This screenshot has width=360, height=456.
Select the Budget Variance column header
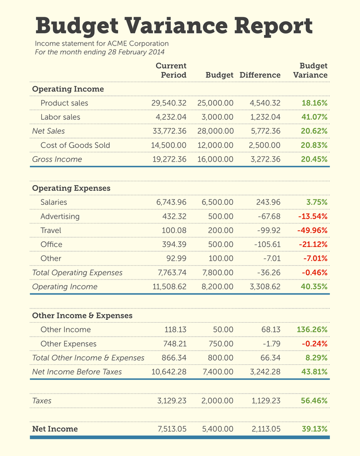click(x=311, y=70)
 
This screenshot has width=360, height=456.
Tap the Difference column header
click(x=260, y=75)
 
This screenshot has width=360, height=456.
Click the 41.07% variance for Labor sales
click(x=314, y=117)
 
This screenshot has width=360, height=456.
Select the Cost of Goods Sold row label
click(x=75, y=145)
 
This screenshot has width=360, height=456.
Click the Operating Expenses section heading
click(x=71, y=188)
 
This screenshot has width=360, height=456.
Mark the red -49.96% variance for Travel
click(x=312, y=231)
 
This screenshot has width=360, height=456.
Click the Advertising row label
click(x=60, y=216)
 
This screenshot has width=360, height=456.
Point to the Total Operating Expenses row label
click(x=77, y=273)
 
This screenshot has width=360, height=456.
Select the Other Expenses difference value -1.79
click(x=270, y=344)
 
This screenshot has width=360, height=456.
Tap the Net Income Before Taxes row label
click(x=77, y=372)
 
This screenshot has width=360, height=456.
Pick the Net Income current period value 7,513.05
click(x=171, y=429)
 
